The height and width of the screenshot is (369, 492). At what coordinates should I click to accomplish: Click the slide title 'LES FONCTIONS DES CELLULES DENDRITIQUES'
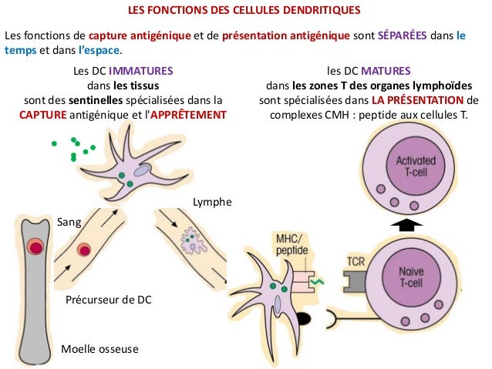pos(245,12)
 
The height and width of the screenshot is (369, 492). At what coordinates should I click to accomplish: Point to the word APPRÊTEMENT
pos(192,114)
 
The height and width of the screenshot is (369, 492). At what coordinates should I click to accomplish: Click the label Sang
pos(69,222)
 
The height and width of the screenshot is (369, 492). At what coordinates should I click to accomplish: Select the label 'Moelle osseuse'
pos(99,349)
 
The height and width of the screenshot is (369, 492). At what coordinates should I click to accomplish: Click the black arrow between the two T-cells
pos(413,224)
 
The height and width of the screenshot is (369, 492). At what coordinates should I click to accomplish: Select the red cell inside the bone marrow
pos(35,247)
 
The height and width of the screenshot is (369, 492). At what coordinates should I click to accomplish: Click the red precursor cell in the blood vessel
pos(83,250)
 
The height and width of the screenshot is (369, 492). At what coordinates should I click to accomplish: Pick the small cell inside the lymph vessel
pos(190,242)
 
